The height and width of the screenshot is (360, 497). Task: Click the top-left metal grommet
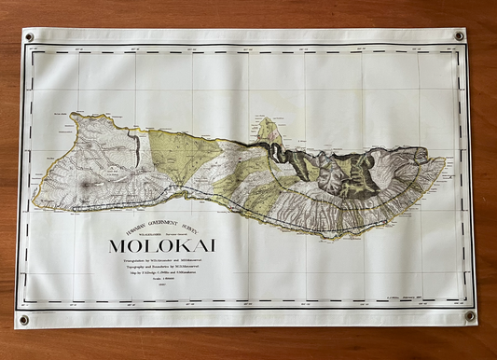tap(29, 37)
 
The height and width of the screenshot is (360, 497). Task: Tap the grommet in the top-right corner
tap(459, 36)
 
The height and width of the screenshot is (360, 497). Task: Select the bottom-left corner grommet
tap(24, 319)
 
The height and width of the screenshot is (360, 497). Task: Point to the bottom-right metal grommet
tap(469, 316)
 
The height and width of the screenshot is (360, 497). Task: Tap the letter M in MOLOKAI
tap(117, 246)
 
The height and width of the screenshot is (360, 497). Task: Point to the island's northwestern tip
tap(71, 117)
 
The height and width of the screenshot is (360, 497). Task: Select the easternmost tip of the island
tap(444, 162)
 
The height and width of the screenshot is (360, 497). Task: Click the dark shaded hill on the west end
tap(86, 186)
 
